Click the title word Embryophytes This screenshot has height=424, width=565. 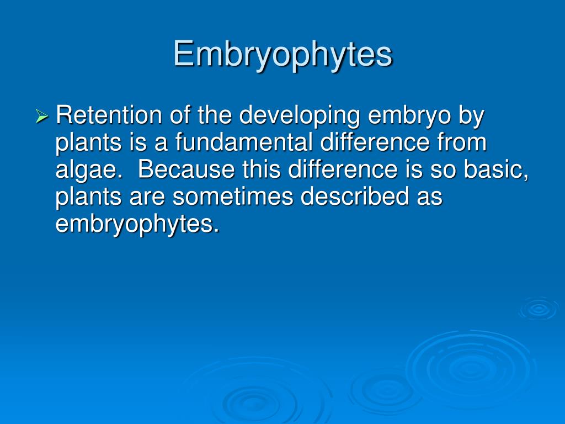tap(282, 55)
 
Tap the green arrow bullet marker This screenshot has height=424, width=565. tap(42, 116)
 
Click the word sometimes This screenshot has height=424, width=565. tap(226, 197)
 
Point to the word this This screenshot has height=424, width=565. tap(262, 169)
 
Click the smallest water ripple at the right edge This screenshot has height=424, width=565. tap(538, 309)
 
